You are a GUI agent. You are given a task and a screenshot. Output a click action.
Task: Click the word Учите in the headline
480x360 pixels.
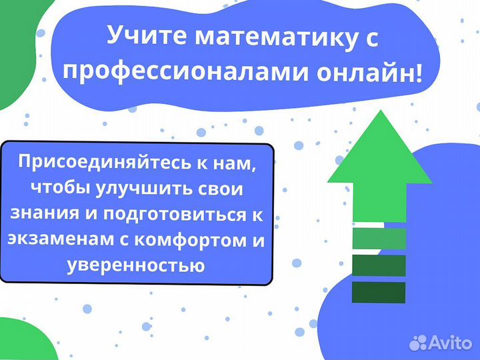point(145,36)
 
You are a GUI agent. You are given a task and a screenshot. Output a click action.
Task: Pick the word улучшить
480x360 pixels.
point(146,189)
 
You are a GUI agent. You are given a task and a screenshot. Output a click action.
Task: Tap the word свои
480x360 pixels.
point(222,189)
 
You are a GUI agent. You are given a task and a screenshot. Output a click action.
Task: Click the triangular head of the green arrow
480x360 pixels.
point(379,150)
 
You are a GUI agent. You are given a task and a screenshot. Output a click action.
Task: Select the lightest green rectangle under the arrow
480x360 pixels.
point(379,238)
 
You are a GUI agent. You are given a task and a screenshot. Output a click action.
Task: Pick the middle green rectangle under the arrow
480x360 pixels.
point(379,265)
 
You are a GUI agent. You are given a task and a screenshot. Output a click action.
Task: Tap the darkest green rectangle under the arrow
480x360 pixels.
point(379,292)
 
